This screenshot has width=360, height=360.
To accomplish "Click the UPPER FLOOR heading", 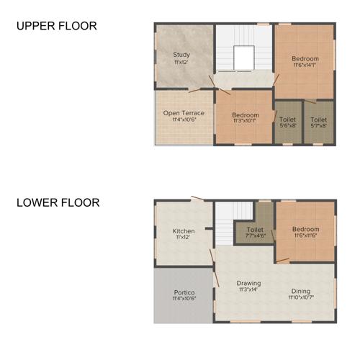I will point(56,27).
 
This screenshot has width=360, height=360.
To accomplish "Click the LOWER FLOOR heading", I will point(58,203).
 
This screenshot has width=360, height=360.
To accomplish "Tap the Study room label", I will point(181,55).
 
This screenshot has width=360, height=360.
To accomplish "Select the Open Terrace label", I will point(184,113).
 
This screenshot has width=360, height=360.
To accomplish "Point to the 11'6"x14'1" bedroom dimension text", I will point(305,66).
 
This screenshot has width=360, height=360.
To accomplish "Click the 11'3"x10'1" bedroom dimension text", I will point(245,121).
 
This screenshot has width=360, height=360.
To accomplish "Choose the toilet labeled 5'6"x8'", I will point(286,123).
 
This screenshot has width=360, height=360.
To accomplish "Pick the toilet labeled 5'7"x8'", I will point(318,123).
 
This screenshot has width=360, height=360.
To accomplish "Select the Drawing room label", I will point(249,283).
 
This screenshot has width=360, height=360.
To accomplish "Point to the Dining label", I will point(301,289).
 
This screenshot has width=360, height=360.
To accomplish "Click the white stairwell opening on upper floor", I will point(244,57).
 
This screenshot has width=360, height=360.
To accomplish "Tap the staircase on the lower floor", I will point(235,213).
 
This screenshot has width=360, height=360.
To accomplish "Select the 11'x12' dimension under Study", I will point(181,63).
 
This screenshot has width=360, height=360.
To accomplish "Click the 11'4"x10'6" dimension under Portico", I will point(184,297).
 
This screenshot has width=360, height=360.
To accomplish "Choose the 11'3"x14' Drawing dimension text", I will point(249,290).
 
